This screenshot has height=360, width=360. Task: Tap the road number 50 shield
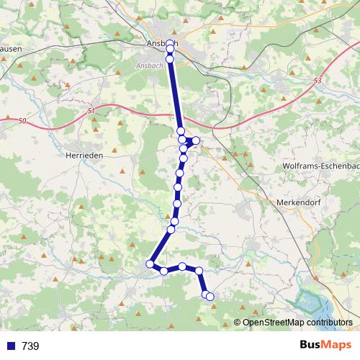22,120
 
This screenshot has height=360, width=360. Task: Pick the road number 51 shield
91,110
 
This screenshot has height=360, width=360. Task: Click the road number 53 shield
318,81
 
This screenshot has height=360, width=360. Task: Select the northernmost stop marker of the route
170,45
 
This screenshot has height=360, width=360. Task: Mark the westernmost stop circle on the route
150,264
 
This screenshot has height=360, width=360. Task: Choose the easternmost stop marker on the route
210,296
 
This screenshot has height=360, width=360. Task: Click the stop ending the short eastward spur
196,140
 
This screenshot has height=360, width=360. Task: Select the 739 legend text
30,346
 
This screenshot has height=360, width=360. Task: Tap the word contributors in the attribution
330,323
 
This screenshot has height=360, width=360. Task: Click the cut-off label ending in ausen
10,49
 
